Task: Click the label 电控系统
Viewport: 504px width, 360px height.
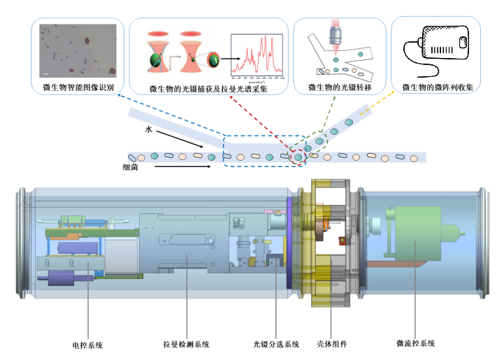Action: point(88,345)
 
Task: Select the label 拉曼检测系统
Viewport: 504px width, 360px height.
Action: point(186,344)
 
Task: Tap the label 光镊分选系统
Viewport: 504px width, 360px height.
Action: point(276,344)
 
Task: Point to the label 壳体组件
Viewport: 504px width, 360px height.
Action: point(332,344)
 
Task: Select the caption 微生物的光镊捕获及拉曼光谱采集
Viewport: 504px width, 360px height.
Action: point(208,89)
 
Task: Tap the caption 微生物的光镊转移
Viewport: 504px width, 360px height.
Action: point(340,88)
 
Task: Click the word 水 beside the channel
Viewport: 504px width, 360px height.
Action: point(148,130)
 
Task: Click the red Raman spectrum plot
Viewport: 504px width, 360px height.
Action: point(256,57)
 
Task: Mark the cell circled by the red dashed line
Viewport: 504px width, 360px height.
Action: point(299,157)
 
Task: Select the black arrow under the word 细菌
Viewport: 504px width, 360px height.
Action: point(182,167)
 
